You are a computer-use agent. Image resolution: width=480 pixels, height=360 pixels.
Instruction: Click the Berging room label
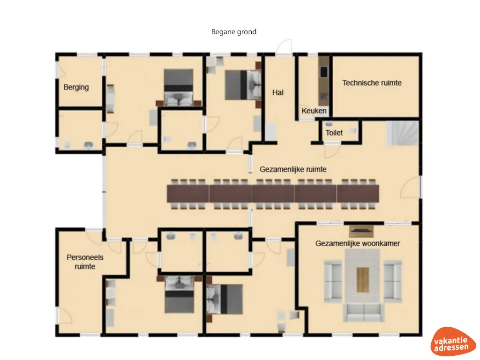(76, 87)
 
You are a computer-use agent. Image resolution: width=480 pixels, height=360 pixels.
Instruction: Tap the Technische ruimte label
(372, 83)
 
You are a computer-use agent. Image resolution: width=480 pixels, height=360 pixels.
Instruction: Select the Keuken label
(314, 111)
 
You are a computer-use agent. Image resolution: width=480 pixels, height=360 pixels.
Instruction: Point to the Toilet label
(334, 133)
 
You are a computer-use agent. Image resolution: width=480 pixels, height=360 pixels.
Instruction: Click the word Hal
(278, 93)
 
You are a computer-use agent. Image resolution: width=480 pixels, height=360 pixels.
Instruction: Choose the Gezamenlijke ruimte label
(293, 169)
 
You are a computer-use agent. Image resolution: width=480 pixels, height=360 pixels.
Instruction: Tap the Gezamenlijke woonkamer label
(358, 244)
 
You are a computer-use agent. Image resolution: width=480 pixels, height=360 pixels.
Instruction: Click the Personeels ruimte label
(85, 262)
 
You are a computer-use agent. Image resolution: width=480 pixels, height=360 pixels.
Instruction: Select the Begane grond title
(234, 32)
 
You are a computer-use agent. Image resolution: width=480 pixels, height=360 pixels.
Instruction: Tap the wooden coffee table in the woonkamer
(362, 279)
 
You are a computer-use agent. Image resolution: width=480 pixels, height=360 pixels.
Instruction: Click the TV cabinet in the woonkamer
(361, 231)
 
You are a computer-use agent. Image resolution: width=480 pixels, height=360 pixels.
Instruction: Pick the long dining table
(273, 193)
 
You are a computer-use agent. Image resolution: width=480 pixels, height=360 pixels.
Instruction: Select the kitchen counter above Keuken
(323, 80)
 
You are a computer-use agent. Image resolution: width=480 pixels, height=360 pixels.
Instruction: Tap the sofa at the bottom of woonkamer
(362, 312)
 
